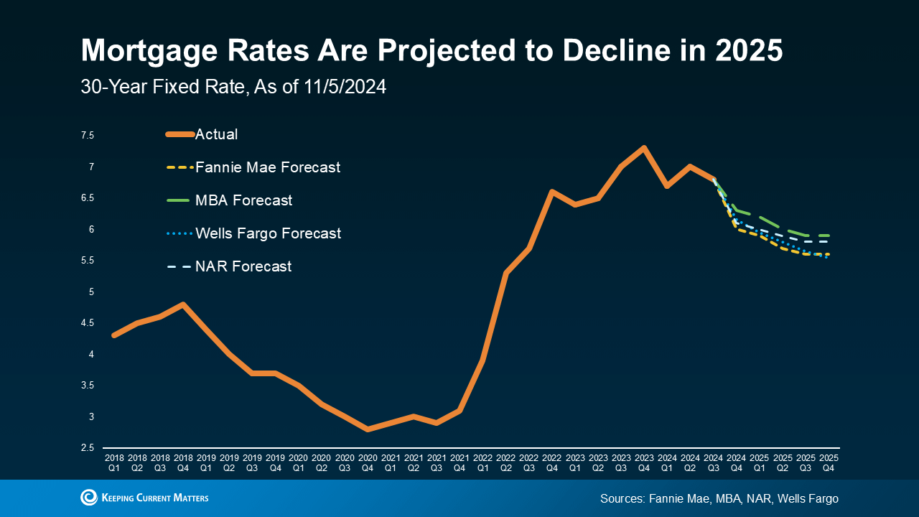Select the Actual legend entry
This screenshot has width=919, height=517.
pos(216,134)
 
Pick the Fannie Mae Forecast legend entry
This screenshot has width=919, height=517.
pos(267,167)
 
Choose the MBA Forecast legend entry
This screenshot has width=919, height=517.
pos(243,200)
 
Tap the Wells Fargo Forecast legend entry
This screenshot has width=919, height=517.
pos(268,233)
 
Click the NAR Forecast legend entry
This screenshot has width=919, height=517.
pos(243,266)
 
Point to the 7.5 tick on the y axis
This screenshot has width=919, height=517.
pos(88,136)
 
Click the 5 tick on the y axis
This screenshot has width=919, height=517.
pos(91,292)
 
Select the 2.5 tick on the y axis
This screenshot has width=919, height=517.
pos(88,448)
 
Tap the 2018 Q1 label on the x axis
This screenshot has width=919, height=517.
pos(114,462)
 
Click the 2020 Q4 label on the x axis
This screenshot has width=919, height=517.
pos(368,462)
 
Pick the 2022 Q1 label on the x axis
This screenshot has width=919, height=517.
pos(482,462)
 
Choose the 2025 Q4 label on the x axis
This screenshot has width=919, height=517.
pos(829,462)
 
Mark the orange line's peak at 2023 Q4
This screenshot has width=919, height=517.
pos(644,148)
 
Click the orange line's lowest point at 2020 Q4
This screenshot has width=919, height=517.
pos(368,429)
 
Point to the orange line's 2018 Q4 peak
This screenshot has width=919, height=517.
pos(183,304)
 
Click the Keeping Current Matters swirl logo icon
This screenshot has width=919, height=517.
pos(89,498)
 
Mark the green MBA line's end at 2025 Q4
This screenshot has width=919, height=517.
pos(829,236)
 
